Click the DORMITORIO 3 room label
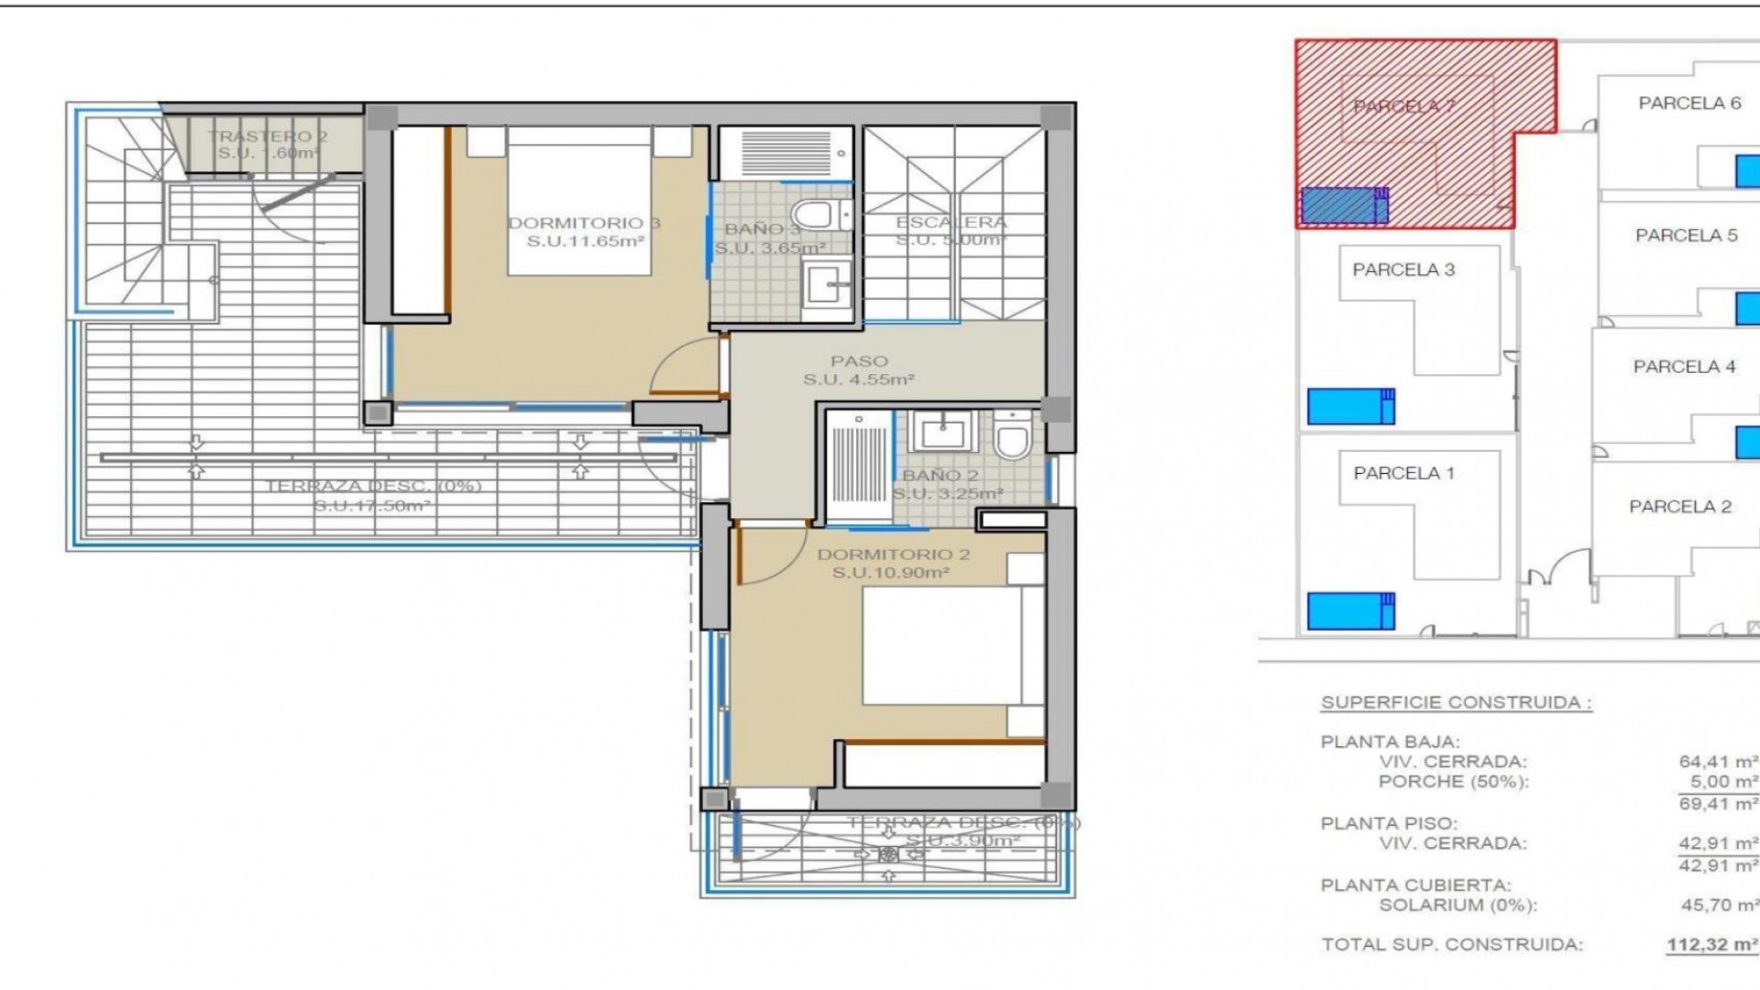coord(584,224)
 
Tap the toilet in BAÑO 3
coord(813,216)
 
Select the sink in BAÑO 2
coord(943,432)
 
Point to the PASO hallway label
coord(859,361)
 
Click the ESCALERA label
coord(951,223)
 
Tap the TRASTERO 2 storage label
coord(267,137)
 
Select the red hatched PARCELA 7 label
coord(1403,106)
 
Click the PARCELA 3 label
coord(1403,269)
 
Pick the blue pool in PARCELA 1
coord(1349,611)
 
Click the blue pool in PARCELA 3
coord(1349,406)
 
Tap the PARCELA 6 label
coord(1689,104)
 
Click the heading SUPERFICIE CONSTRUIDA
coord(1456,703)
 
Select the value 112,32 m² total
coord(1711,945)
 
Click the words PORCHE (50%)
coord(1453,782)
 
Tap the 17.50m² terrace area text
coord(371,506)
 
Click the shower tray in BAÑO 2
coord(859,467)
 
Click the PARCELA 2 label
coord(1679,507)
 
